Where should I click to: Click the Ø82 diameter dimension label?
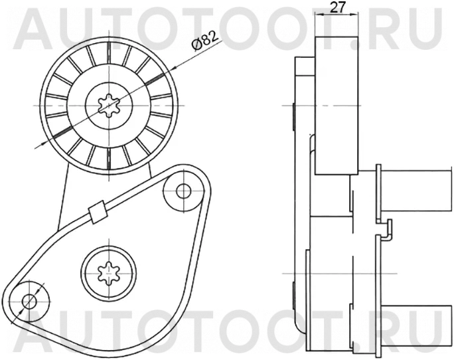point(204,41)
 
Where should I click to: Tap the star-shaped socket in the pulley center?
point(109,106)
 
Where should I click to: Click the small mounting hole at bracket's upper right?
point(183,191)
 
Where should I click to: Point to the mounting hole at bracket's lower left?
point(29,302)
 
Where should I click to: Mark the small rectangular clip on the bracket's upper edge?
point(98,212)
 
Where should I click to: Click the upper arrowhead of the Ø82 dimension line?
point(175,68)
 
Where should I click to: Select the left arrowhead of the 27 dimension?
point(319,14)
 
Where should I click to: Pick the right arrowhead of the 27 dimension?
point(354,14)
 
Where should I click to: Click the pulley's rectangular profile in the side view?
point(337,106)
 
